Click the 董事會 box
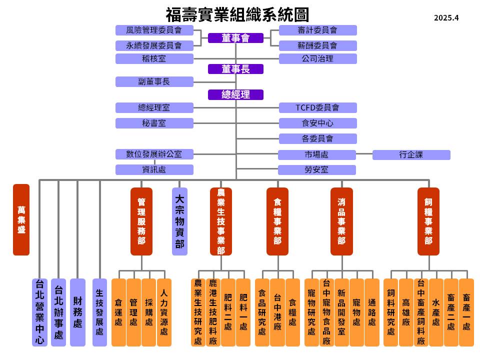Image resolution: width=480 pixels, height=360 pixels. [x=235, y=38]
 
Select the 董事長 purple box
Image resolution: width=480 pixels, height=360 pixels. [x=235, y=69]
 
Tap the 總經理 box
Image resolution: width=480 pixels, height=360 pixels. [x=235, y=94]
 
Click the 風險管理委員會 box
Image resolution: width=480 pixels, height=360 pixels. [x=154, y=30]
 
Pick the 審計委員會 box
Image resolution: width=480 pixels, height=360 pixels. [x=318, y=30]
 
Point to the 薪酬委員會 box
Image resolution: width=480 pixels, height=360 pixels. [x=318, y=45]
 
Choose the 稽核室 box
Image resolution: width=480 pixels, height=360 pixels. [x=154, y=58]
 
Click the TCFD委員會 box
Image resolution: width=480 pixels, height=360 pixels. [x=318, y=108]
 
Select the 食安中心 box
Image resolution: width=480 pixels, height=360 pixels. [x=318, y=123]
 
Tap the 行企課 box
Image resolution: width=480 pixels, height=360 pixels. [x=411, y=154]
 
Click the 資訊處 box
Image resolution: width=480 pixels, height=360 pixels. [x=154, y=169]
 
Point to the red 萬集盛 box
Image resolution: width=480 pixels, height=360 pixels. [x=21, y=219]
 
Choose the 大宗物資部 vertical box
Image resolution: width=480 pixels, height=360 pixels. [x=179, y=221]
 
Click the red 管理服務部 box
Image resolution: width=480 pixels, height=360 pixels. [x=141, y=221]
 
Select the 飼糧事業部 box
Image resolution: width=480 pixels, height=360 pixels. [x=428, y=221]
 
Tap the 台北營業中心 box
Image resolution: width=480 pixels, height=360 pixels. [x=39, y=312]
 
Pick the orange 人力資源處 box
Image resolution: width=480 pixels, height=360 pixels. [x=164, y=312]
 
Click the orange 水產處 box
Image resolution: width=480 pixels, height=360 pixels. [x=436, y=312]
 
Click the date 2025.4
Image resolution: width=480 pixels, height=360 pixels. [x=446, y=18]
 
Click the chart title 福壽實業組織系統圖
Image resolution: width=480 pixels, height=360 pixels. [x=237, y=14]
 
